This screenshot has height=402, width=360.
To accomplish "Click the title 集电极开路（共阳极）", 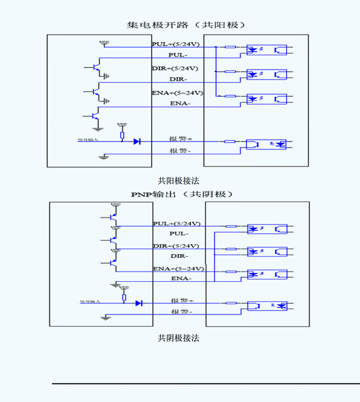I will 186,25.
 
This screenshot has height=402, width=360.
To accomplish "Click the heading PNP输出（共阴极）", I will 182,194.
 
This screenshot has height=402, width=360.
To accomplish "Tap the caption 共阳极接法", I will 175,180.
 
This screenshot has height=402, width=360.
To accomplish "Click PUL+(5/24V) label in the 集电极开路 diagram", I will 175,44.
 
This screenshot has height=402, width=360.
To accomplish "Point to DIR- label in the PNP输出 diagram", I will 179,256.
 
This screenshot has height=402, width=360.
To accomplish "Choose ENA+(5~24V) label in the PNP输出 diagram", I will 178,269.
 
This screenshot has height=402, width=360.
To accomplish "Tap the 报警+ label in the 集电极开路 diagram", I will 181,139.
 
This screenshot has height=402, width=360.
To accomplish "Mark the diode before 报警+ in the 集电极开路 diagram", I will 137,141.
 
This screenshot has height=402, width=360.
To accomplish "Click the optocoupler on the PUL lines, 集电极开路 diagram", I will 267,49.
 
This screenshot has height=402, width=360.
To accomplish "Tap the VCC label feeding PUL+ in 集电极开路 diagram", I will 104,42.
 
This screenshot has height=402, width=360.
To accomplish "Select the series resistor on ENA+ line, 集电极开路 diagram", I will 230,96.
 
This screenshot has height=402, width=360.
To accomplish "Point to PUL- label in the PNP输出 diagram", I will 179,234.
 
